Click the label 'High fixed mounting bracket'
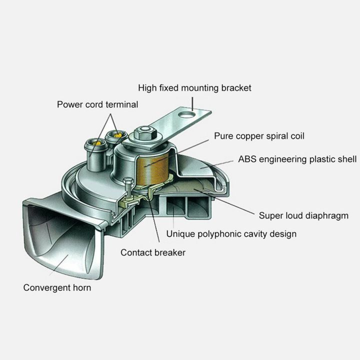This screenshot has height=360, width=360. pyautogui.click(x=194, y=88)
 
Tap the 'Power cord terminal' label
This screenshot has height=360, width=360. pyautogui.click(x=97, y=104)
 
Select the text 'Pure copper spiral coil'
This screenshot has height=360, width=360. pyautogui.click(x=259, y=136)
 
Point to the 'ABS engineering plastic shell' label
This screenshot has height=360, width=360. pyautogui.click(x=297, y=159)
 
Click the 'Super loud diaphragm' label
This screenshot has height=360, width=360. pyautogui.click(x=303, y=216)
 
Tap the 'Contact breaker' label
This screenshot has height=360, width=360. pyautogui.click(x=152, y=252)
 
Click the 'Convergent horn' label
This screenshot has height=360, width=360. pyautogui.click(x=57, y=287)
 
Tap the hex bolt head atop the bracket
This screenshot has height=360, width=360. pyautogui.click(x=142, y=132)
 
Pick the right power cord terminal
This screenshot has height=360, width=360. pyautogui.click(x=117, y=134)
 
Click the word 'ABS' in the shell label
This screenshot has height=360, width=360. pyautogui.click(x=247, y=159)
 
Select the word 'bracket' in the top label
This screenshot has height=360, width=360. pyautogui.click(x=236, y=88)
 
